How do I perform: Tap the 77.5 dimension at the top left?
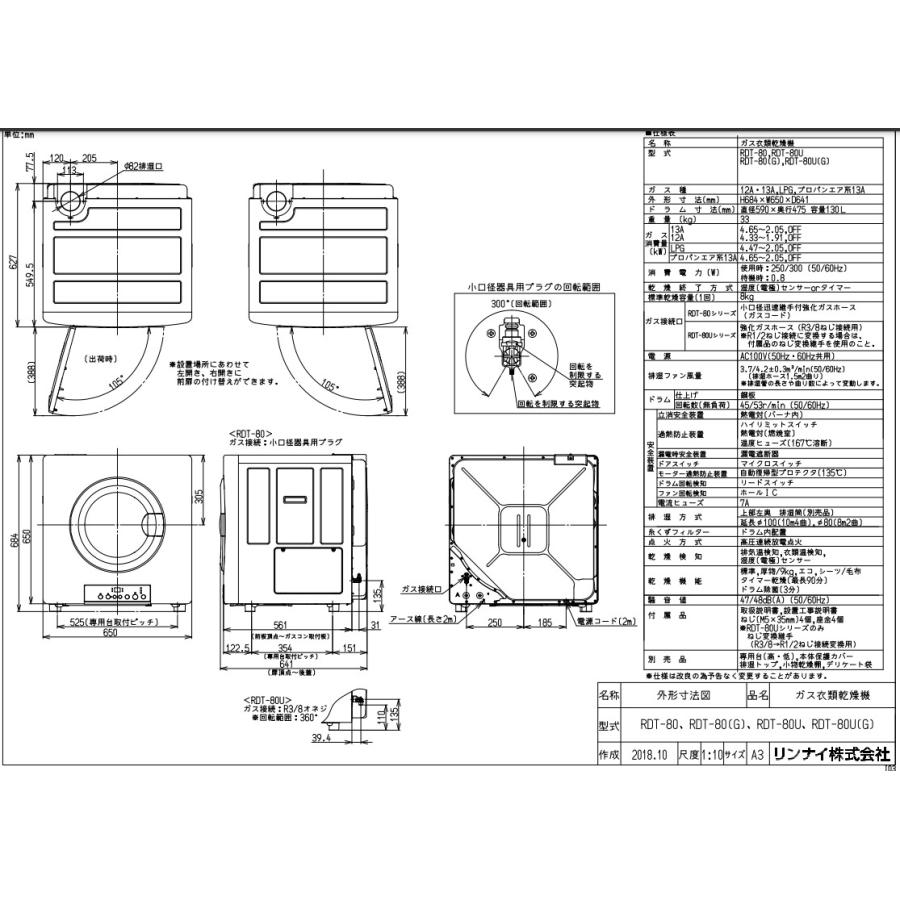click(x=31, y=159)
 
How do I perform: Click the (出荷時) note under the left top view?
click(x=101, y=357)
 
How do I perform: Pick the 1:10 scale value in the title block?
click(x=709, y=756)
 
